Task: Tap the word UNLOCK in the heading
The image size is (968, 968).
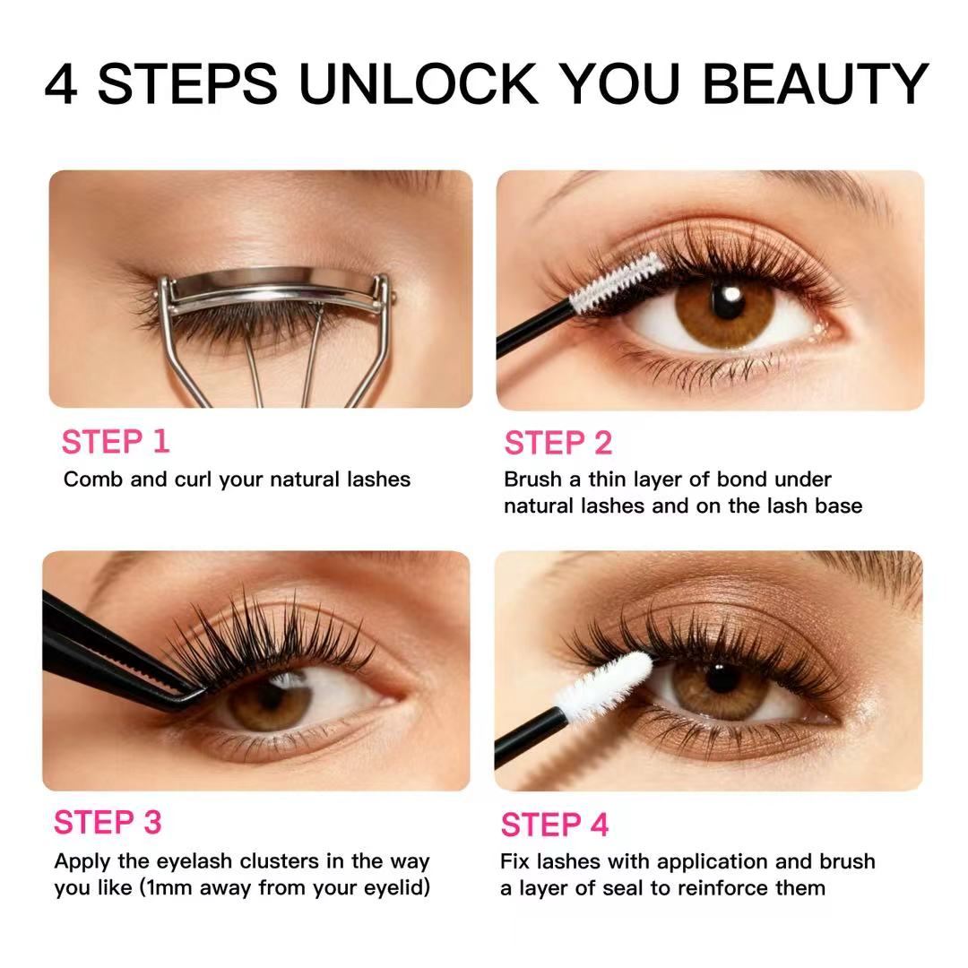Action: click(x=418, y=83)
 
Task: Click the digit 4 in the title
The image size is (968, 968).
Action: click(x=61, y=83)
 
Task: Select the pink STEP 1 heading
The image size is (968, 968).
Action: click(x=116, y=442)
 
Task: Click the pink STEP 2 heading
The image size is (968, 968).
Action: click(x=558, y=444)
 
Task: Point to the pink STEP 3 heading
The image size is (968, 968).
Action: click(x=108, y=822)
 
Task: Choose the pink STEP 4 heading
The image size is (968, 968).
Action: click(x=555, y=825)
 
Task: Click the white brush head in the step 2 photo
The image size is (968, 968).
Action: click(x=616, y=282)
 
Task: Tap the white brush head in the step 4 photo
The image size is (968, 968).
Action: click(x=604, y=687)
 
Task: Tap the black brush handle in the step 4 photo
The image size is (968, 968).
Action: click(x=530, y=739)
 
